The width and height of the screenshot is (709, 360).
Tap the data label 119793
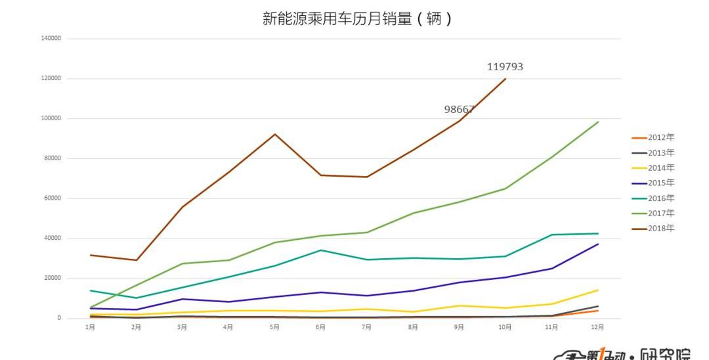[505, 66]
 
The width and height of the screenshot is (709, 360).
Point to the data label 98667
[459, 110]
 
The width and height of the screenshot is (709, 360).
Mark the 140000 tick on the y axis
[51, 39]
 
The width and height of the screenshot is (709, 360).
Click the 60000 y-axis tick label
[52, 198]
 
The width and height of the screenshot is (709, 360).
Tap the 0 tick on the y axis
[58, 318]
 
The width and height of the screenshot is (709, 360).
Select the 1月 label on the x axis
[90, 327]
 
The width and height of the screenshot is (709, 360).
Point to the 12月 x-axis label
[597, 327]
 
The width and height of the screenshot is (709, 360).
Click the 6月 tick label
[320, 327]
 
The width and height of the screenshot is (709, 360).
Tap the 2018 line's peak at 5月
[275, 134]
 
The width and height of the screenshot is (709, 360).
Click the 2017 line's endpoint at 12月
[598, 122]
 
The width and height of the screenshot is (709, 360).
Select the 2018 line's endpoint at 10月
[505, 79]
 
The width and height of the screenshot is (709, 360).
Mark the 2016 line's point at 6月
[321, 250]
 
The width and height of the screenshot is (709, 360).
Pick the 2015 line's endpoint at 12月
[598, 244]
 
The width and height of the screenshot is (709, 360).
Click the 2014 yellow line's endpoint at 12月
[598, 290]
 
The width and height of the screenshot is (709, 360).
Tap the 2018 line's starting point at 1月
[91, 255]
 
